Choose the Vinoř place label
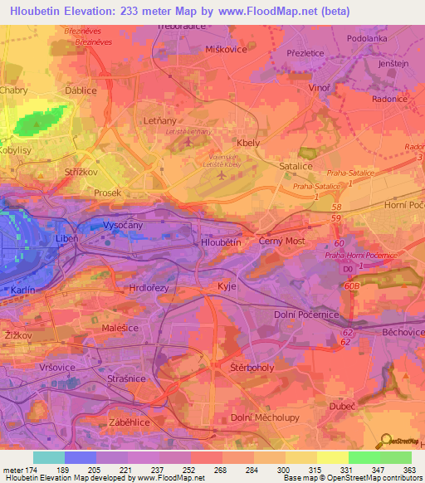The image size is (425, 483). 319,86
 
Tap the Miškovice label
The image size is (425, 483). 226,50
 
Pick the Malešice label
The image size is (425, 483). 120,329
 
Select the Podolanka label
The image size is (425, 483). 366,38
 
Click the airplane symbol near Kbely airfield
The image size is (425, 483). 221,175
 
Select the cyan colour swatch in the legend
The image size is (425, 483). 48,457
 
